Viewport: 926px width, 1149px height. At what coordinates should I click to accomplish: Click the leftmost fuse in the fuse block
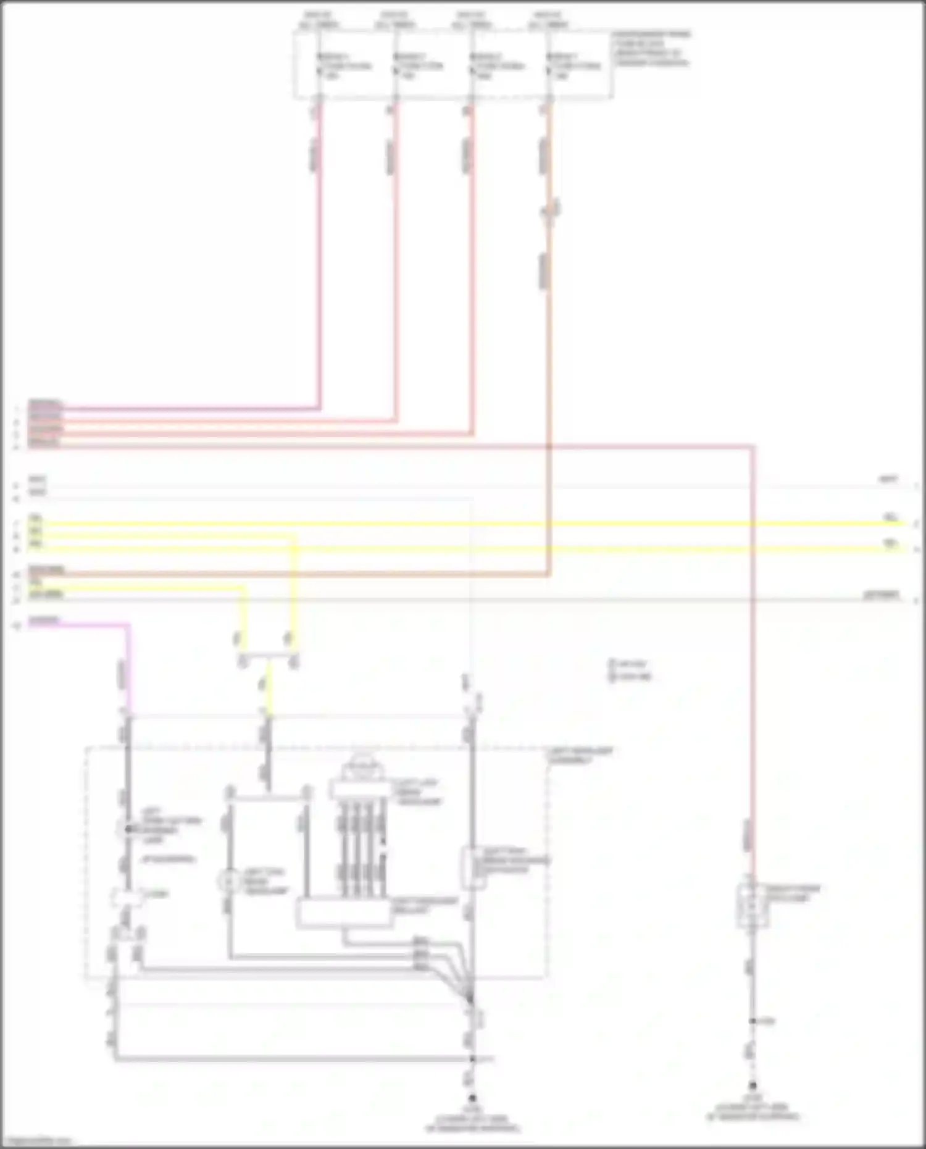coord(319,65)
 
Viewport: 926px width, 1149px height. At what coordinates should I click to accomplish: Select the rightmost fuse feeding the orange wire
coord(549,65)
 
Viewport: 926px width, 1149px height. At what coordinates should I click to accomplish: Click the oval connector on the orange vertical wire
coord(550,210)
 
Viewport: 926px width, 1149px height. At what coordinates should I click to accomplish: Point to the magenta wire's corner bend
coord(128,625)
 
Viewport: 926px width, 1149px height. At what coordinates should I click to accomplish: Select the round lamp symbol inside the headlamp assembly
coord(229,881)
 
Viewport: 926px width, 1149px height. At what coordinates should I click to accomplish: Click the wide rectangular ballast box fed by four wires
coord(343,914)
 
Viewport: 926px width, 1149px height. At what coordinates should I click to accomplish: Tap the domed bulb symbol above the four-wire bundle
coord(362,767)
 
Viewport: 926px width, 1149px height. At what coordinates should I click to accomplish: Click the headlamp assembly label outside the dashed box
coord(580,755)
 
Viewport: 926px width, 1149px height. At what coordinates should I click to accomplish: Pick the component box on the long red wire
coord(753,905)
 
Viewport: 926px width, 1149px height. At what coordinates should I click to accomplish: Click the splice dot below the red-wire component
coord(753,1021)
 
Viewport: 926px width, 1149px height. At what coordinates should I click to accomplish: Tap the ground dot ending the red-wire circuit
coord(753,1085)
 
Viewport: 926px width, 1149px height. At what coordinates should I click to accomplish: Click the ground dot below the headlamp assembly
coord(472,1098)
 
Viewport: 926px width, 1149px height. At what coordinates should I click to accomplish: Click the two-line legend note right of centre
coord(630,670)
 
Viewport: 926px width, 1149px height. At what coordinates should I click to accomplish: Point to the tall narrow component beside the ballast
coord(472,867)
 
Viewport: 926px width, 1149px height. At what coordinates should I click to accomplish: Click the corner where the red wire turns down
coord(753,446)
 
